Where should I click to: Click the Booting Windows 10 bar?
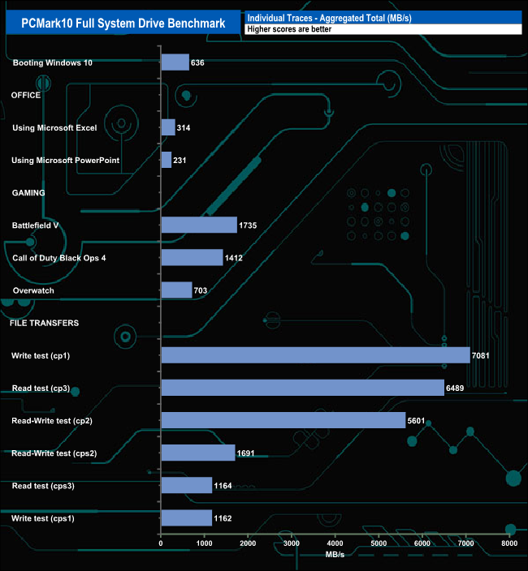tap(175, 62)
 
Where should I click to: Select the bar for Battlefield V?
tap(199, 225)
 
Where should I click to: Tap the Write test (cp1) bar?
tap(315, 355)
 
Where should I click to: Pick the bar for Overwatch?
tap(176, 290)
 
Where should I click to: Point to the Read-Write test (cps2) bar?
tap(198, 453)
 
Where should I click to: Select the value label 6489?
tap(456, 388)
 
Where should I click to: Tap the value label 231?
tap(180, 160)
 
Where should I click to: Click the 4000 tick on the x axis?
tap(335, 543)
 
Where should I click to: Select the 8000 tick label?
tap(509, 543)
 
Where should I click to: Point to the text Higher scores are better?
tap(289, 29)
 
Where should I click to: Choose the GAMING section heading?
tap(28, 192)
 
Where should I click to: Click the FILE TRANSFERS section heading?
tap(44, 323)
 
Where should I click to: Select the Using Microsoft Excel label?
tap(54, 127)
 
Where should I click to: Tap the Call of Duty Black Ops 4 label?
tap(59, 257)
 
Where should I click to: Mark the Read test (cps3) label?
tap(47, 485)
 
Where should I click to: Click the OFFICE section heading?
tap(26, 95)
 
